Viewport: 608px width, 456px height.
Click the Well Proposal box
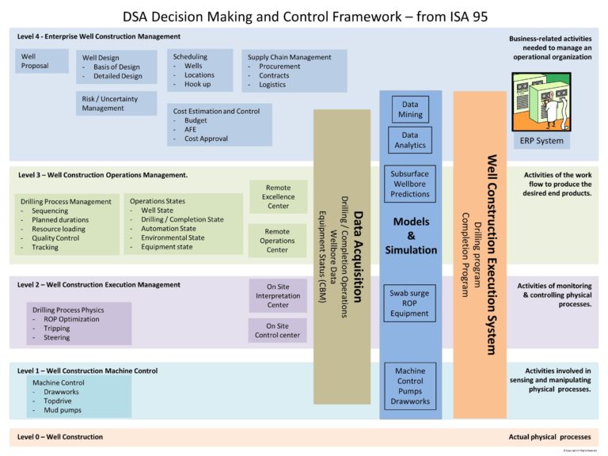tap(42, 61)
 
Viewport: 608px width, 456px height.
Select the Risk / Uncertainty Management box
tap(116, 103)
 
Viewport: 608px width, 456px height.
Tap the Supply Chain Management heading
tap(289, 57)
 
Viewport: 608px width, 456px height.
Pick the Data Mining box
tap(410, 109)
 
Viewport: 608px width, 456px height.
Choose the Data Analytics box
tap(410, 140)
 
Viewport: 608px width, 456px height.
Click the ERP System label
tap(541, 141)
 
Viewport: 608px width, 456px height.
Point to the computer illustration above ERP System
tap(541, 101)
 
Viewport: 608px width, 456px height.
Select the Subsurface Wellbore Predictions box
tap(410, 183)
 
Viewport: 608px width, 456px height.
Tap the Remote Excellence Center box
tap(278, 196)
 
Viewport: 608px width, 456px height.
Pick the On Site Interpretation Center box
tap(278, 296)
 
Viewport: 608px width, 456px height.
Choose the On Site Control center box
tap(277, 329)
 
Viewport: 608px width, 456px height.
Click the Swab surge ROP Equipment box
tap(409, 303)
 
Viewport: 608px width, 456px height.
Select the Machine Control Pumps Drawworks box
tap(410, 386)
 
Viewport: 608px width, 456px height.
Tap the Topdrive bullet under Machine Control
tap(59, 401)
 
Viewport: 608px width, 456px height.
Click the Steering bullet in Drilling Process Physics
tap(57, 337)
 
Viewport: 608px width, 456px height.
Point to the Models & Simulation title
tap(410, 236)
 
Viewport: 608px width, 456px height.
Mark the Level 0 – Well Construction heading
tap(60, 437)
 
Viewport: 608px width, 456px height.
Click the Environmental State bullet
tap(173, 237)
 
